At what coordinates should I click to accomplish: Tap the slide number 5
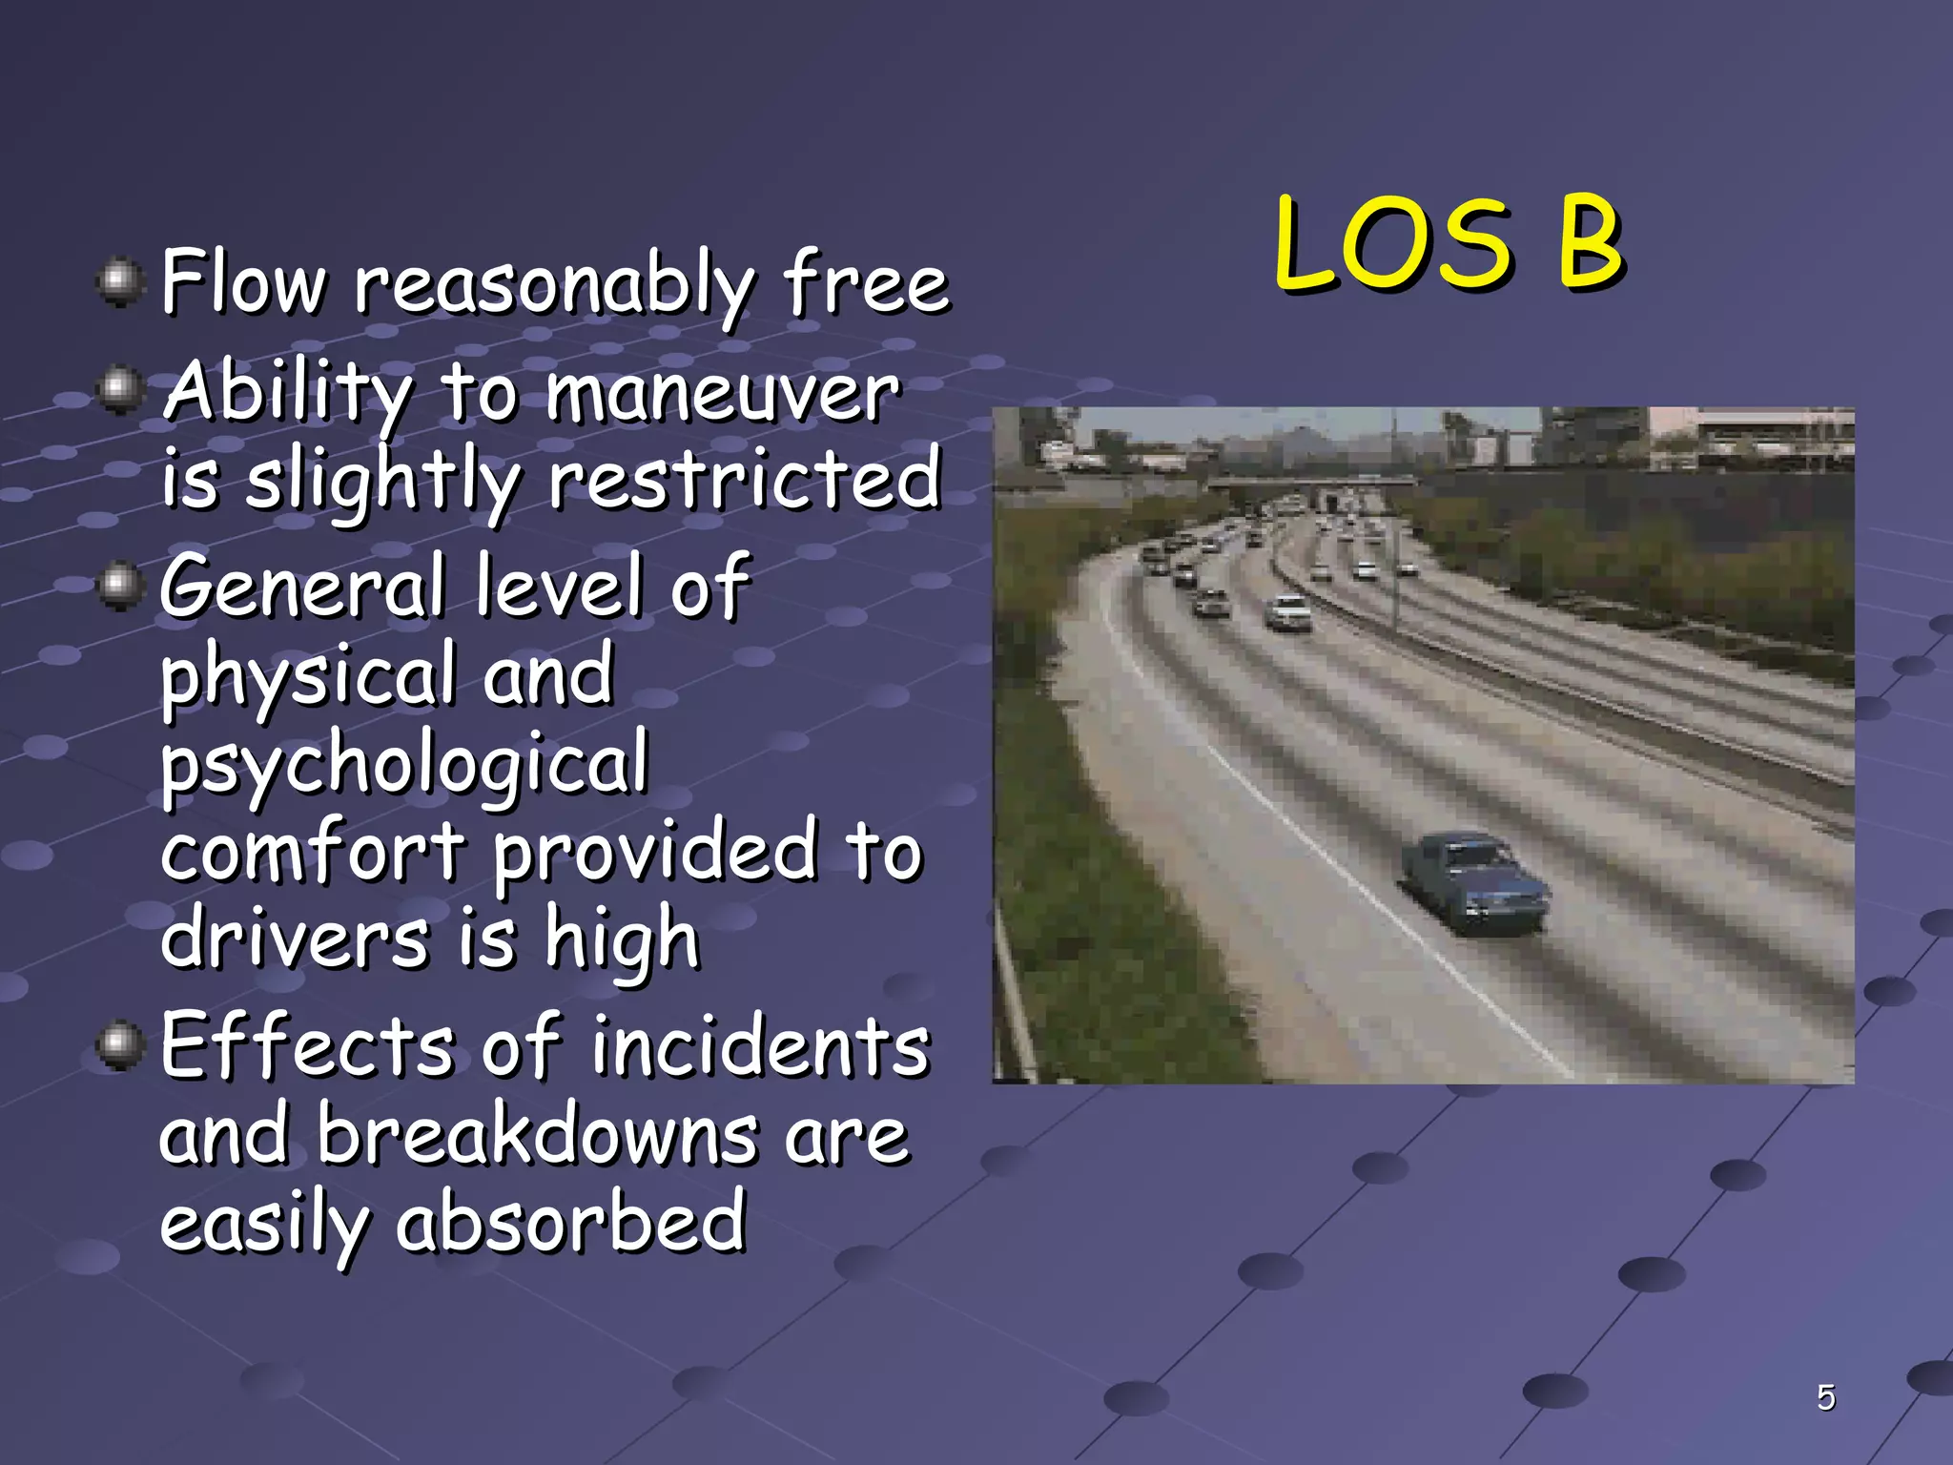[x=1825, y=1397]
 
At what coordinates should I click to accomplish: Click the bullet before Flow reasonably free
[x=119, y=283]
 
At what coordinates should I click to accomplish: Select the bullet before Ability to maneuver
[x=119, y=391]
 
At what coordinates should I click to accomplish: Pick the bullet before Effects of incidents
[x=119, y=1046]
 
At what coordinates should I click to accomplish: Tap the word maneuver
[x=722, y=392]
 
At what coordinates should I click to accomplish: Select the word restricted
[x=745, y=479]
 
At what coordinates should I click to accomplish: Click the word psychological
[x=404, y=764]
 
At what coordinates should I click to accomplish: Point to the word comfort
[x=312, y=851]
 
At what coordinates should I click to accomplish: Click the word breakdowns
[x=538, y=1135]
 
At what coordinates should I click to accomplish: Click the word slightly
[x=382, y=481]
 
